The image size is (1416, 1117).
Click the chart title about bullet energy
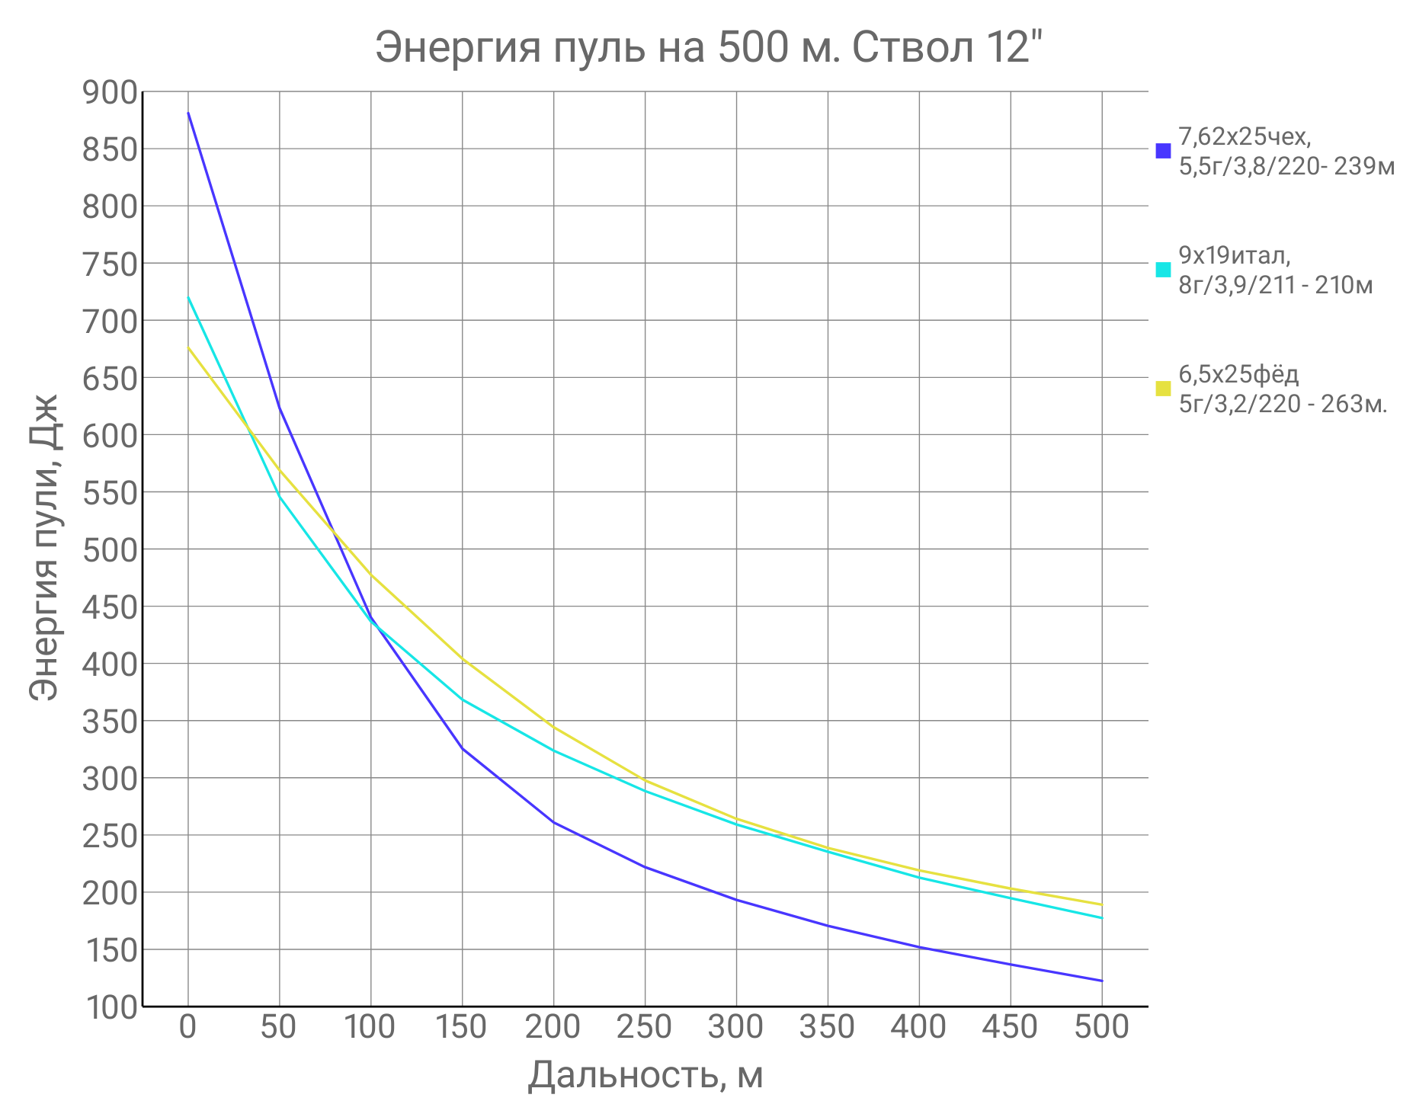pos(708,48)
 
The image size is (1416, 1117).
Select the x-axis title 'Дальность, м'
pos(645,1075)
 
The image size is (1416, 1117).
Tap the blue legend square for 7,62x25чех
pos(1163,150)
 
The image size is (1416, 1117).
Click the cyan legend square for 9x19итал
pos(1163,270)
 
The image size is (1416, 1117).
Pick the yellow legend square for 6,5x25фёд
pos(1163,389)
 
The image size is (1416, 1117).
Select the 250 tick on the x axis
pos(645,1027)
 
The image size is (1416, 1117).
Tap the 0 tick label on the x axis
pos(187,1027)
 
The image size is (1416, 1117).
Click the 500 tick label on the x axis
pos(1101,1027)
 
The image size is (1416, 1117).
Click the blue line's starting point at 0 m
pos(188,114)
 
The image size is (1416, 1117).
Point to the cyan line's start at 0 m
pos(188,298)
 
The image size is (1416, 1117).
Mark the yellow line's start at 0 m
pos(188,348)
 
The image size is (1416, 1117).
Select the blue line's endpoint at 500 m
pos(1101,981)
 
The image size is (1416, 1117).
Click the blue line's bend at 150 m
pos(463,749)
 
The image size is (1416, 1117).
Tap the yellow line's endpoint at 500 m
pos(1101,904)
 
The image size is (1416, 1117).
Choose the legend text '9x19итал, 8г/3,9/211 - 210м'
pos(1274,270)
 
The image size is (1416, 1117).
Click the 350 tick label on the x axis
pos(827,1027)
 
